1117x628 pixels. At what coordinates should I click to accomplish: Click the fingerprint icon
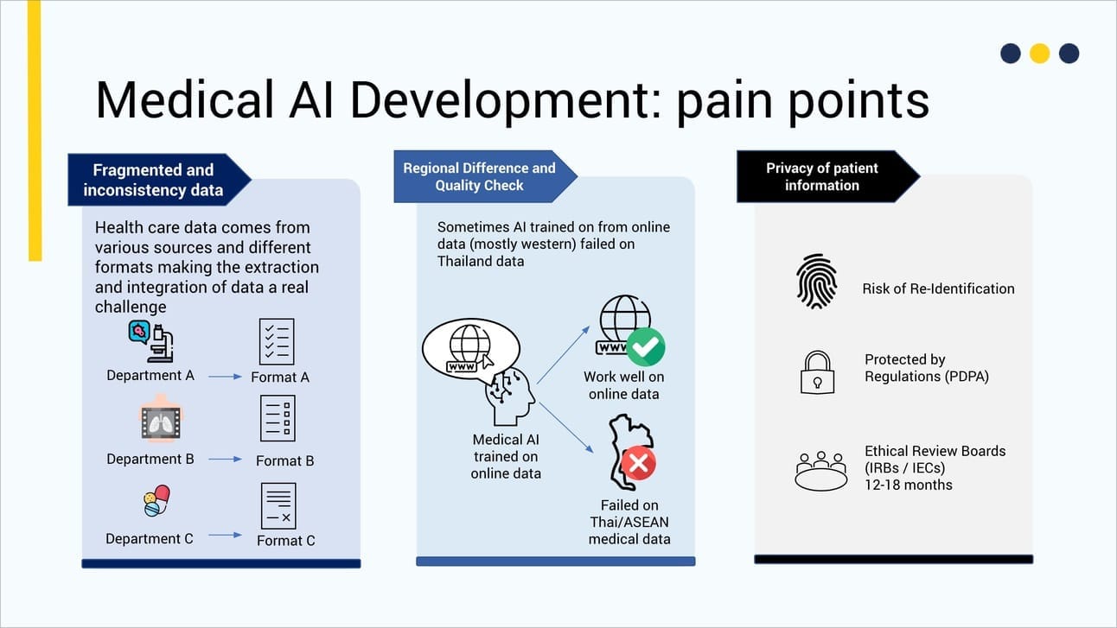[817, 281]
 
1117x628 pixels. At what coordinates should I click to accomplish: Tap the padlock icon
[816, 372]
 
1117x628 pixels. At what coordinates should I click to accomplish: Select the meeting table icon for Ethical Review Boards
[820, 470]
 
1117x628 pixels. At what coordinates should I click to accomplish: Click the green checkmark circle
[645, 346]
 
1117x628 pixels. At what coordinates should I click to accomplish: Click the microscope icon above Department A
[151, 340]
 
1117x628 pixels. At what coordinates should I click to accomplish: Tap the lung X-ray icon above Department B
[160, 422]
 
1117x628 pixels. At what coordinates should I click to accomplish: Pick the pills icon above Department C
[156, 501]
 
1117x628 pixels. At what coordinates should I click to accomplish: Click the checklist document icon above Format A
[278, 341]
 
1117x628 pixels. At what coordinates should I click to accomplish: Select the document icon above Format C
[278, 506]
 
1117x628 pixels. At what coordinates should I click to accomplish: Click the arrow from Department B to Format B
[226, 460]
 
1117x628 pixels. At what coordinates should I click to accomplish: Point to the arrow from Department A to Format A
[226, 377]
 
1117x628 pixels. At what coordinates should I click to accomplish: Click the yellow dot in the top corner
[1039, 54]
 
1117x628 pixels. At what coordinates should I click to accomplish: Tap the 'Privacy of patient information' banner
[822, 176]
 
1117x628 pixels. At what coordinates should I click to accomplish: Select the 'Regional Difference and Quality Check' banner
[480, 176]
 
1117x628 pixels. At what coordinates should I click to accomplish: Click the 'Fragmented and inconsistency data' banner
[153, 180]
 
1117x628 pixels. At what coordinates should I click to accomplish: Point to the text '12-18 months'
[908, 485]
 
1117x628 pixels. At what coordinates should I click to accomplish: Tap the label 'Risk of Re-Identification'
[938, 289]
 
